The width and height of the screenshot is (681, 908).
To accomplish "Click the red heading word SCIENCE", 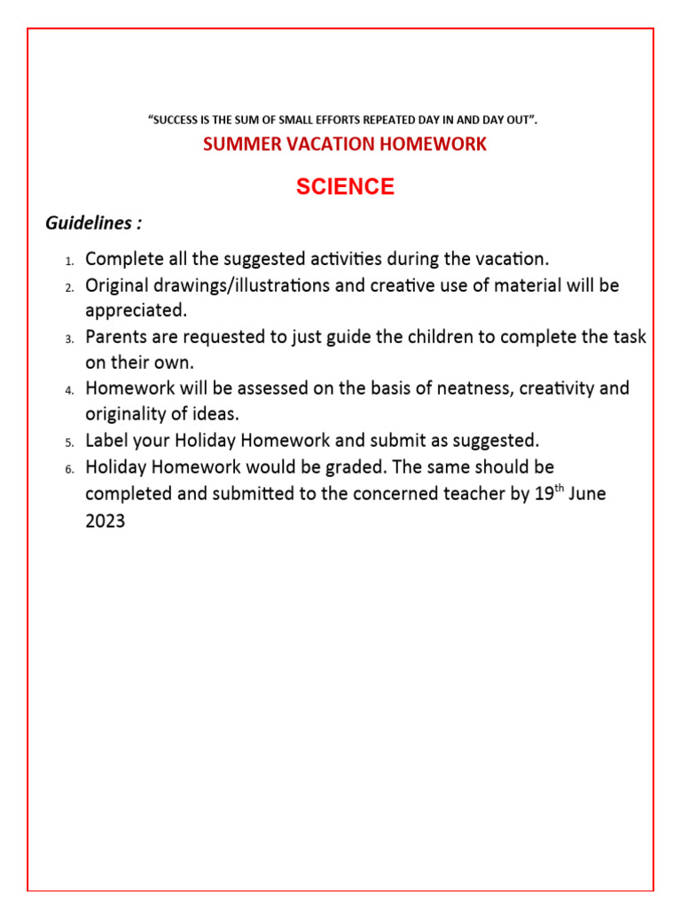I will click(345, 187).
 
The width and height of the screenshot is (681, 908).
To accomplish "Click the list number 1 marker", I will click(69, 261).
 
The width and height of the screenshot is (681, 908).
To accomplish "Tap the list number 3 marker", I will click(69, 339).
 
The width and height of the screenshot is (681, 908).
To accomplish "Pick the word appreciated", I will click(136, 311).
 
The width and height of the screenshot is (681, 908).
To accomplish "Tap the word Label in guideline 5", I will click(106, 441).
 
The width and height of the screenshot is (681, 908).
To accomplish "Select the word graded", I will click(360, 466).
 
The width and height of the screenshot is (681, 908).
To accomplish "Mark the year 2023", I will click(106, 521).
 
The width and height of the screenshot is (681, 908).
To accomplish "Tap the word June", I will click(587, 494).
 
